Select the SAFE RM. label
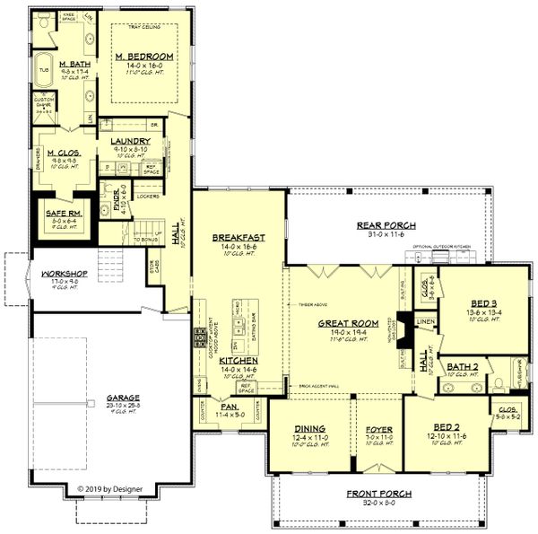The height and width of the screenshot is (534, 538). click(x=58, y=213)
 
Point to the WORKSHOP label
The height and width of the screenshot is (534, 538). click(x=56, y=273)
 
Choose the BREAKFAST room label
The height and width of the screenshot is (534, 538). click(x=236, y=238)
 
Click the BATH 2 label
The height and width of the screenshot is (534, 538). click(x=463, y=365)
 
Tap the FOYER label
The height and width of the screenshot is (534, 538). click(x=379, y=429)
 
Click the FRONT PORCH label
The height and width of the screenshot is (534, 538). click(x=379, y=494)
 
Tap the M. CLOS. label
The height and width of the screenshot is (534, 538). click(x=62, y=153)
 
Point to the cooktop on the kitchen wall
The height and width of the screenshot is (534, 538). click(x=198, y=338)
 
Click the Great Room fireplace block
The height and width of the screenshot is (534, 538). click(x=405, y=327)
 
